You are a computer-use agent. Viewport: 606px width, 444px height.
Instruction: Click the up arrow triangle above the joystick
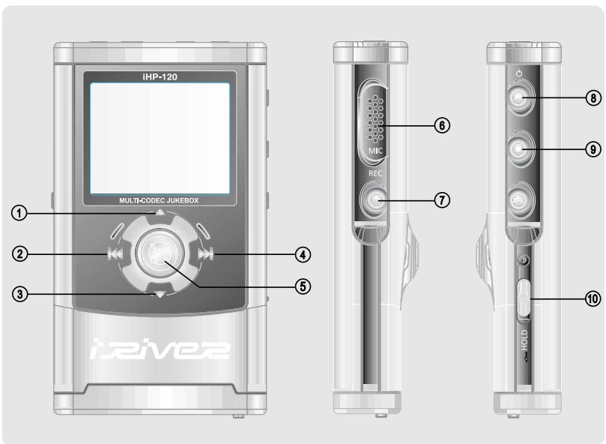point(160,214)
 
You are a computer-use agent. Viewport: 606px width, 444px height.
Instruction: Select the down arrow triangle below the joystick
point(160,295)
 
